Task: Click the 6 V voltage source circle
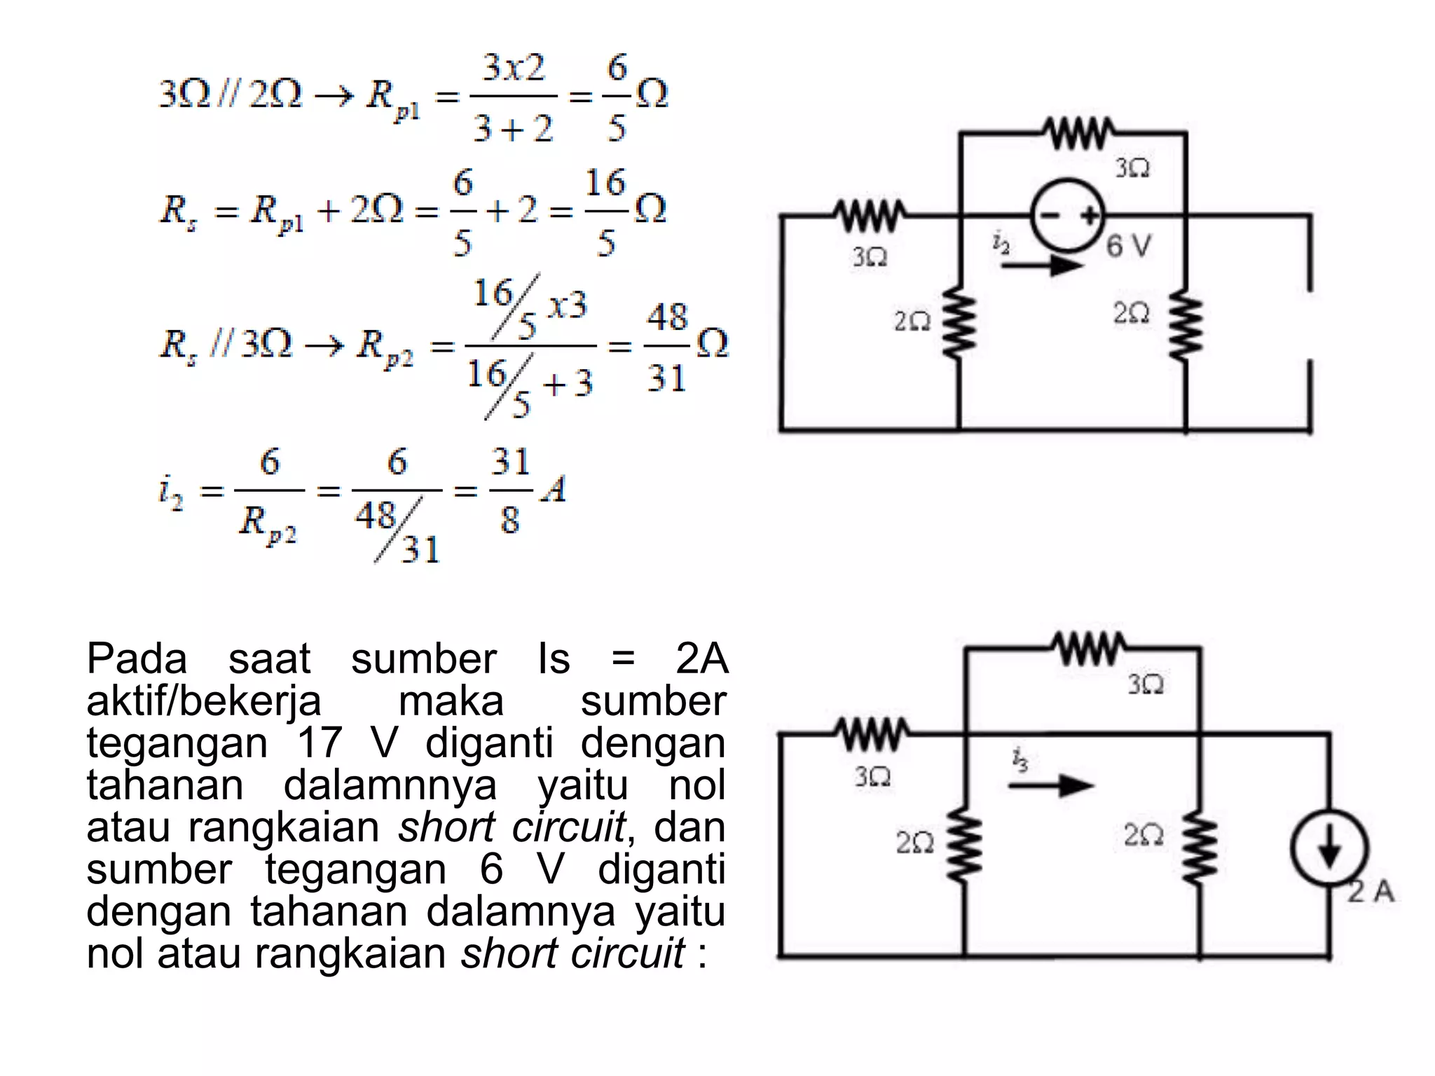(1066, 215)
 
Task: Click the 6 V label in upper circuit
(1129, 246)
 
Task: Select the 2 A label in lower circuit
(1371, 892)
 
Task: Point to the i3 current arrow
(1051, 785)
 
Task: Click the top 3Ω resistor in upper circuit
(1079, 133)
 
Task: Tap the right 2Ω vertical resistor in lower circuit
(1200, 844)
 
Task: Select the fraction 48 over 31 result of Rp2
(666, 347)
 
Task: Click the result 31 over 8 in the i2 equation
(511, 490)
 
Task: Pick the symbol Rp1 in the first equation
(392, 98)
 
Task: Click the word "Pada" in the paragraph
(137, 658)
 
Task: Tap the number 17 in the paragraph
(320, 743)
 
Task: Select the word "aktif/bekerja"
(203, 701)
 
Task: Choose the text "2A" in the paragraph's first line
(701, 658)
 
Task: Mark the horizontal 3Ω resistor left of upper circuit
(870, 215)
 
